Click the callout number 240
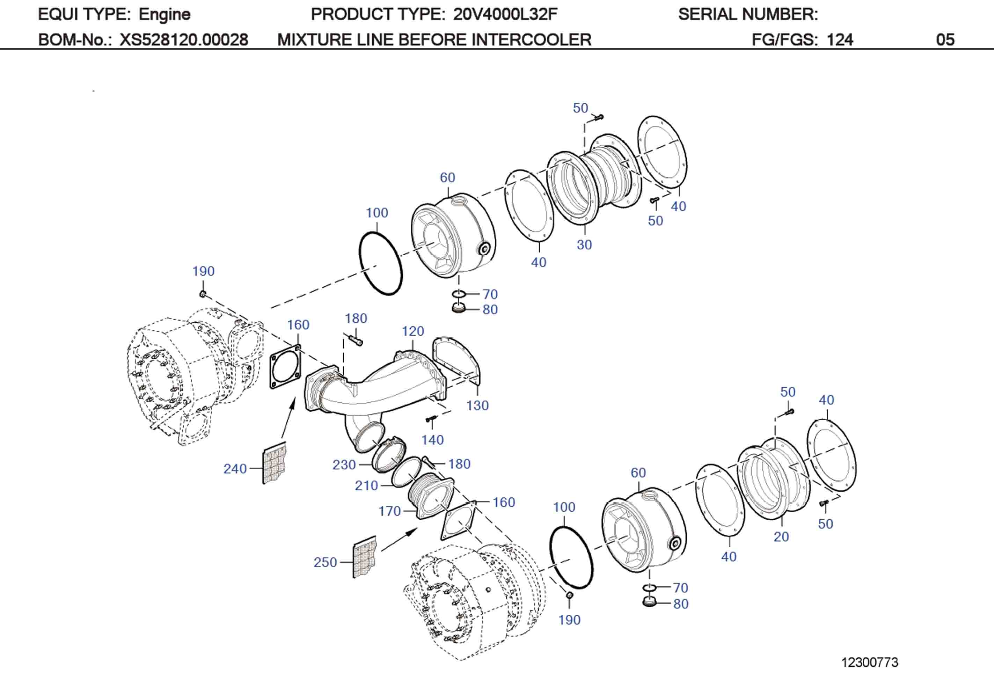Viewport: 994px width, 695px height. pos(235,469)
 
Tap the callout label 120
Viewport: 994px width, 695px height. pos(412,331)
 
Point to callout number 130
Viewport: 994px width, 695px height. pos(477,406)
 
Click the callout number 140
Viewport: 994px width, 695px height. pos(432,440)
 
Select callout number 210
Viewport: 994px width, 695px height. pos(366,485)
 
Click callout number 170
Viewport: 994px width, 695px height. pos(390,511)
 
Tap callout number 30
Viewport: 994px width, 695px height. pos(584,245)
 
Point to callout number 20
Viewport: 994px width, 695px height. pos(781,536)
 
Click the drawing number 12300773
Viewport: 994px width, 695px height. pos(869,662)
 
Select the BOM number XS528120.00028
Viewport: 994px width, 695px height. pos(184,40)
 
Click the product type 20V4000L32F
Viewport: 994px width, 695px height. pos(505,14)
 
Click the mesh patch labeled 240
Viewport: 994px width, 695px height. pos(275,463)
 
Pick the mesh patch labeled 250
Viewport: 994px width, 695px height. pos(365,558)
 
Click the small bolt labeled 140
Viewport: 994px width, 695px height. pos(431,419)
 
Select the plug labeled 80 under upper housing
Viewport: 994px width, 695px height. pos(459,309)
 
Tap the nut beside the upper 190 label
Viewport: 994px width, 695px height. pos(203,294)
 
